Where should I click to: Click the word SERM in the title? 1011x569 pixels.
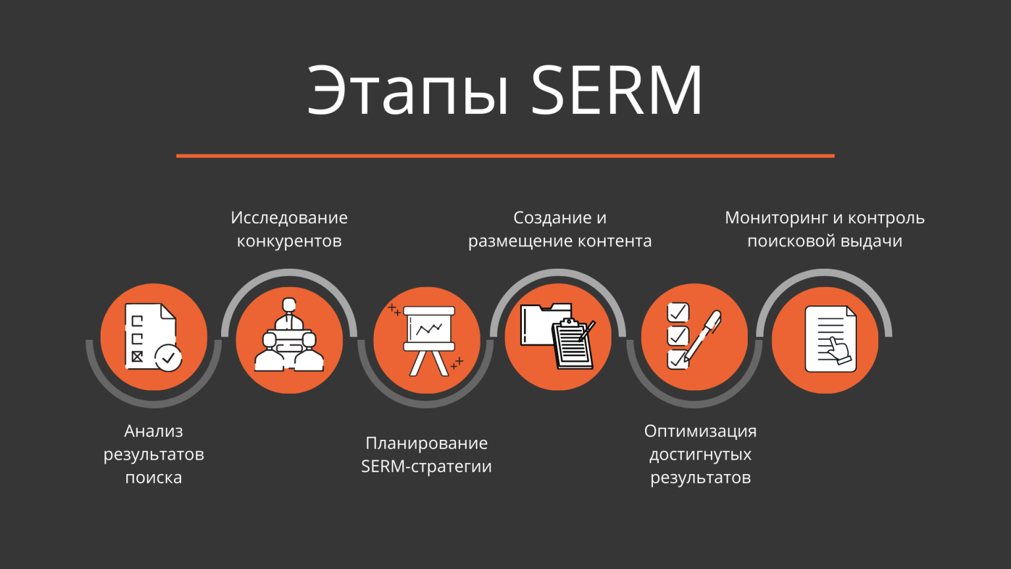(x=617, y=90)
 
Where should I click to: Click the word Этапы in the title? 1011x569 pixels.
(x=408, y=90)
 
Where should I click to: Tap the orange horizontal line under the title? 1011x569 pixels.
(x=505, y=156)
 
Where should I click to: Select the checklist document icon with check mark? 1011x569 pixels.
(x=153, y=337)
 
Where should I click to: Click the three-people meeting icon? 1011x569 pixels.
(x=290, y=337)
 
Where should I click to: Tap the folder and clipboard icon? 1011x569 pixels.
(x=557, y=337)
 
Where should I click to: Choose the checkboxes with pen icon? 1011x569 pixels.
(x=694, y=337)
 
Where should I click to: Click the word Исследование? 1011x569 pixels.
(x=289, y=218)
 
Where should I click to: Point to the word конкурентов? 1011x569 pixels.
(x=289, y=241)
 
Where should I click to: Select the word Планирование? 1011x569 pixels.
(x=427, y=443)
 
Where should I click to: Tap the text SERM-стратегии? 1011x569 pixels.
(x=427, y=466)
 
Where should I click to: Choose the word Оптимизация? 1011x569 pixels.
(x=700, y=431)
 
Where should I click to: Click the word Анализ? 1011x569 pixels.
(x=153, y=431)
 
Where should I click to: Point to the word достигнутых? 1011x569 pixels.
(x=700, y=454)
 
